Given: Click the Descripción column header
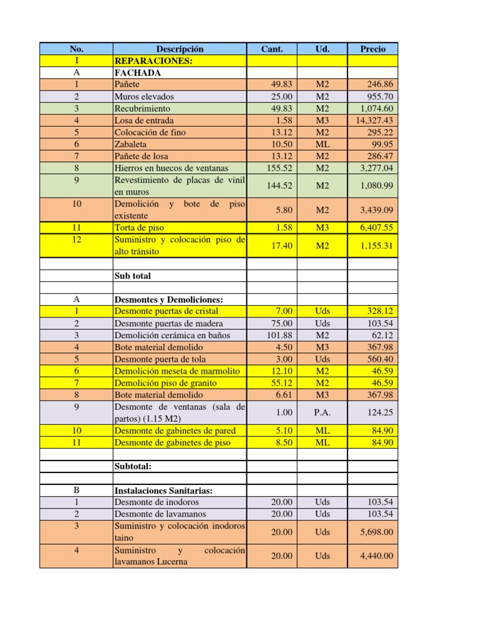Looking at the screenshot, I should [180, 49].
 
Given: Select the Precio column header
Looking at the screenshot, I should [372, 49].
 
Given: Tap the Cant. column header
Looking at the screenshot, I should [272, 49].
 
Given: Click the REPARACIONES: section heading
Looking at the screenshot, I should [153, 61].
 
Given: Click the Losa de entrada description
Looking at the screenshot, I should [144, 120].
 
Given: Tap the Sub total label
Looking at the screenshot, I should [133, 276].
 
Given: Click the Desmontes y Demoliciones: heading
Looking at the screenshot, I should [168, 300].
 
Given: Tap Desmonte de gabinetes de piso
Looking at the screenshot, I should [172, 442].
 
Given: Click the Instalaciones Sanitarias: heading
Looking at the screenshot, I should [163, 490].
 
